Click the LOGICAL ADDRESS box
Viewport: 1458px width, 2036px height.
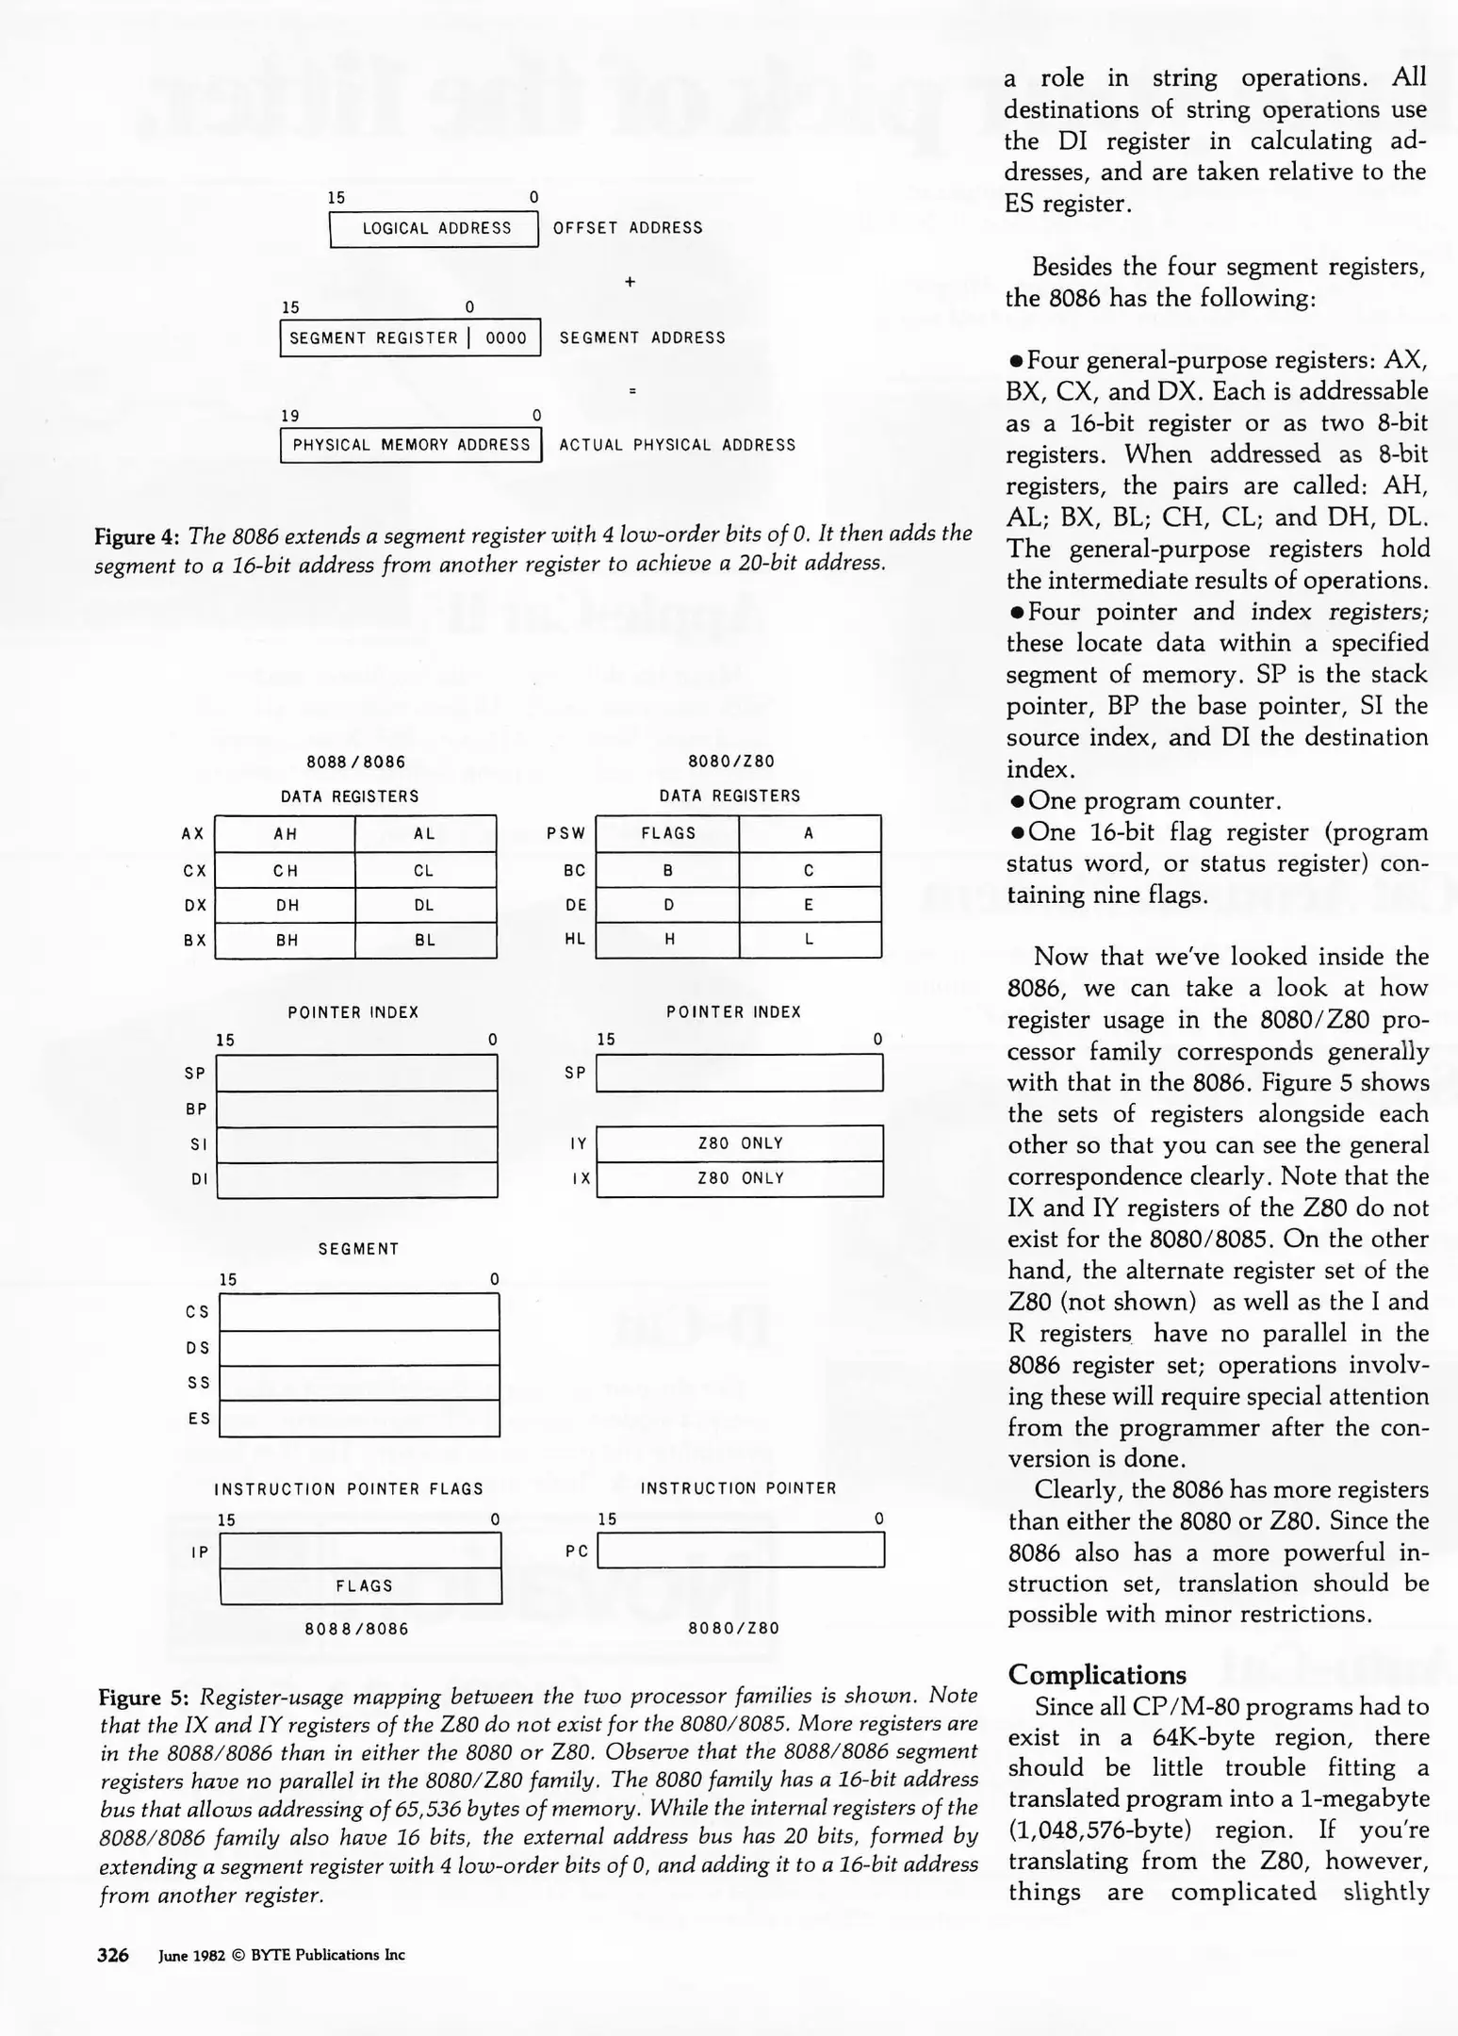(434, 228)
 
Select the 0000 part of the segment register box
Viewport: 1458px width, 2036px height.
(506, 338)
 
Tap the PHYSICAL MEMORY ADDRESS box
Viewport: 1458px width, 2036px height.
(411, 445)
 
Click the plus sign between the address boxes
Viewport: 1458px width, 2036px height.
(631, 282)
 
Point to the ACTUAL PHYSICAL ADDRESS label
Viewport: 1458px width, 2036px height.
(677, 445)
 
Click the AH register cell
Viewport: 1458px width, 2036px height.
(285, 834)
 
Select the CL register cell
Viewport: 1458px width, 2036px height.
(425, 870)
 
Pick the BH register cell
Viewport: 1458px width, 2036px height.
(285, 941)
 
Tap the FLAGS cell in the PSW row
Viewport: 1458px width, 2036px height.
(667, 834)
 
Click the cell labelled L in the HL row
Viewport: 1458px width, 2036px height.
(810, 940)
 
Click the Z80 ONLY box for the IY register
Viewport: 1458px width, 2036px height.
(740, 1143)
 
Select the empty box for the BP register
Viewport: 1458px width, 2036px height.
(357, 1109)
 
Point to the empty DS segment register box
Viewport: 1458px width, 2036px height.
(359, 1348)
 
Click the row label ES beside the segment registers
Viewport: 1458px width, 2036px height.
(199, 1418)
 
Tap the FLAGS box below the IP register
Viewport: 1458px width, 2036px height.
(361, 1586)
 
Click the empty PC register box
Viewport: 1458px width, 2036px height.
(741, 1551)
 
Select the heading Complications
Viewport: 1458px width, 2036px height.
(1096, 1675)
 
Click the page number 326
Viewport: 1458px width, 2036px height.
(113, 1955)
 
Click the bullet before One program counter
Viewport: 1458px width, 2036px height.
(1017, 801)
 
